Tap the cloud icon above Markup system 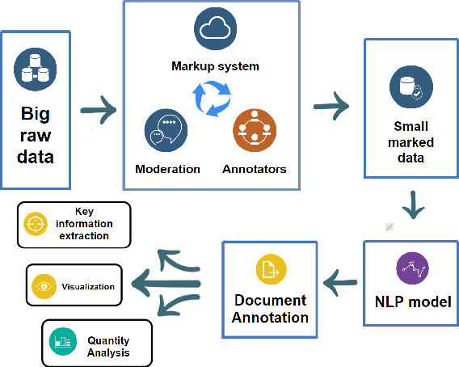215,29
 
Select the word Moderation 167,169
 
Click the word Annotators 254,169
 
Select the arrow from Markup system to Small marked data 329,105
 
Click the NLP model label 414,303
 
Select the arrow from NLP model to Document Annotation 341,282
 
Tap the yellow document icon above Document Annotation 272,269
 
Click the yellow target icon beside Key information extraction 35,224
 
